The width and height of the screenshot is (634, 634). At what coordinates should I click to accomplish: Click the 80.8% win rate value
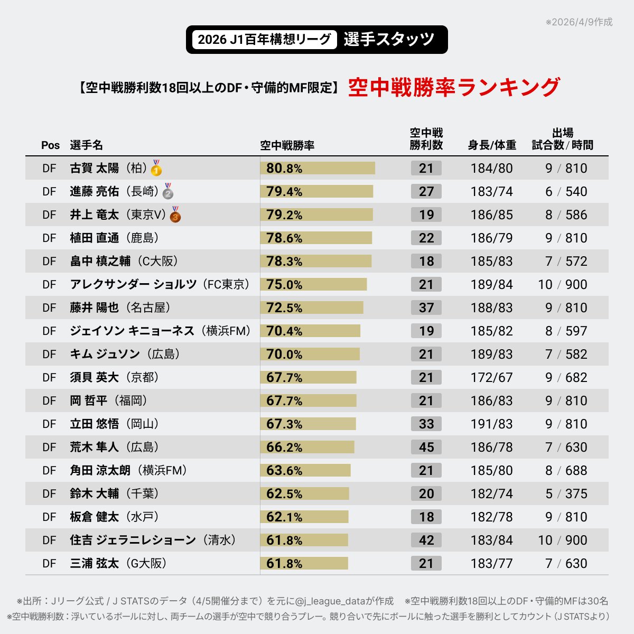coord(284,169)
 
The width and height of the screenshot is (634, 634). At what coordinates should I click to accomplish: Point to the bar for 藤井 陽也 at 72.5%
coord(312,307)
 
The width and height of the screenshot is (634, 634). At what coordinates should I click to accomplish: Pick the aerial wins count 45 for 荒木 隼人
coord(426,447)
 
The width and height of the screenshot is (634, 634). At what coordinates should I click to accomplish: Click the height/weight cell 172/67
coord(491,377)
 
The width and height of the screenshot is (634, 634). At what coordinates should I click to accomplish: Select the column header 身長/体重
coord(492,145)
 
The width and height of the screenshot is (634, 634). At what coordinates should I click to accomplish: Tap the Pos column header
coord(51,145)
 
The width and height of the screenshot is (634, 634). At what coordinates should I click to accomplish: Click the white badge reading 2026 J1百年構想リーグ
coord(264,40)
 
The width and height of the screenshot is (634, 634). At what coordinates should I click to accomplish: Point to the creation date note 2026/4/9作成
coord(580,22)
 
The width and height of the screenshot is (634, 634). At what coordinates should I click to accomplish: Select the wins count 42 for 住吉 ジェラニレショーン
coord(426,540)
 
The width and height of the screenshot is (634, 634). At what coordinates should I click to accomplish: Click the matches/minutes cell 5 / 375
coord(566,493)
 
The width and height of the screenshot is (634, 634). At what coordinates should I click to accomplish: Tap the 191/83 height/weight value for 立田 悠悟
coord(491,424)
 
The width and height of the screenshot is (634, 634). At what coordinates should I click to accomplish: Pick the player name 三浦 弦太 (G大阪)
coord(118,563)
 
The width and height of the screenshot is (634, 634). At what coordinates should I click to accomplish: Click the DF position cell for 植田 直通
coord(49,238)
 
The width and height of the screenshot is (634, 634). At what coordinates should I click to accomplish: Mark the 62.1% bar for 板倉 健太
coord(304,517)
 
